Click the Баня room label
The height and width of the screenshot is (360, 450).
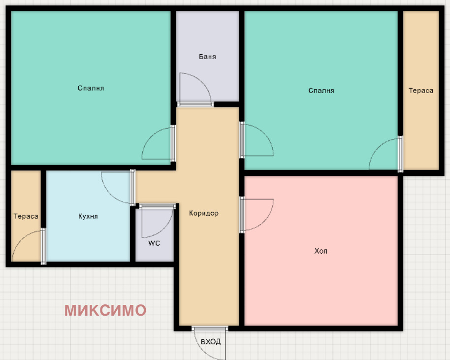[207, 57]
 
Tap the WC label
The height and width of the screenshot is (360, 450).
[154, 243]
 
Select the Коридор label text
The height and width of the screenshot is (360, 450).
[204, 213]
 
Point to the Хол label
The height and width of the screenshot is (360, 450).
[321, 251]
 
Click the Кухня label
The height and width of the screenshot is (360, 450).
[88, 216]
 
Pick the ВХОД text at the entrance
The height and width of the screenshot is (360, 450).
[211, 342]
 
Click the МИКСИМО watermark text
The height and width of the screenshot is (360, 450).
[105, 310]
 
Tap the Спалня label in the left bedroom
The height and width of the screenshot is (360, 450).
[91, 88]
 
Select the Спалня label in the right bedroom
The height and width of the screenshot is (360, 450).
[321, 91]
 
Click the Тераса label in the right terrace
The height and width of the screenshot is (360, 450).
[421, 91]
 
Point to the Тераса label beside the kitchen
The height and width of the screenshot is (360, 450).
[26, 216]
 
